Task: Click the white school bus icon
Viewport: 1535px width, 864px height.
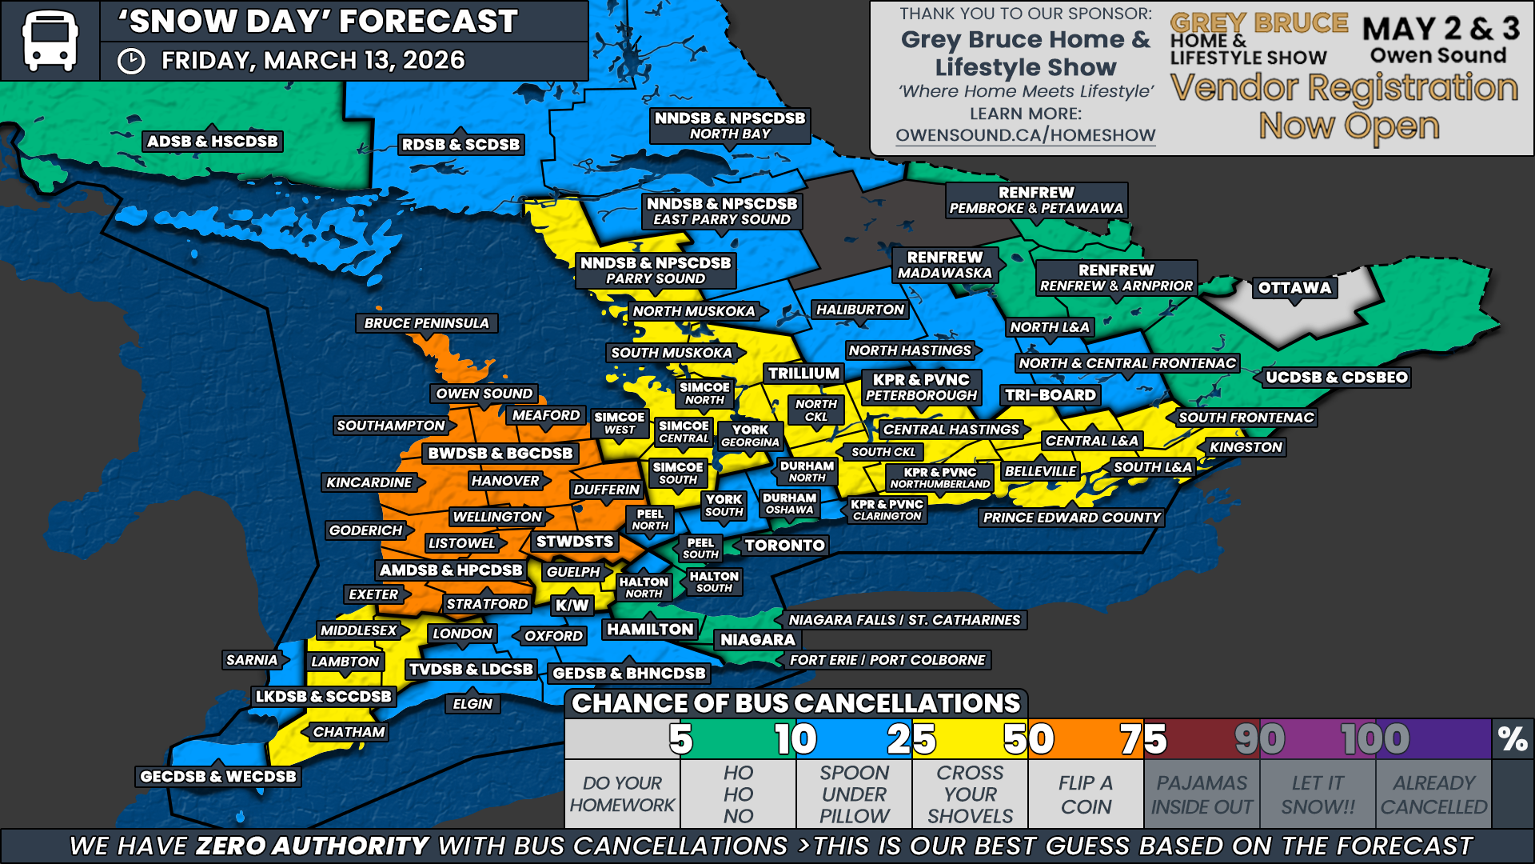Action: point(50,40)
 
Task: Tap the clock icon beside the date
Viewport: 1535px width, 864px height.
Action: point(131,62)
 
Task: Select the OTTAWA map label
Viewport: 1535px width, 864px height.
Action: point(1294,288)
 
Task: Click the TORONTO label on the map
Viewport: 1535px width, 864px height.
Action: point(784,546)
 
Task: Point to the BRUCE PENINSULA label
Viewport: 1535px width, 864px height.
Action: point(426,323)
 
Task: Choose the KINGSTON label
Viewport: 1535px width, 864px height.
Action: point(1246,447)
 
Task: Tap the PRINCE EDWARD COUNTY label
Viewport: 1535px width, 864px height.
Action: point(1071,518)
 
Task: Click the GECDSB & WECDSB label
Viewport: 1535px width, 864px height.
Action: point(217,776)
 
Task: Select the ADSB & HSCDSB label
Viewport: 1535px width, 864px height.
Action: point(212,142)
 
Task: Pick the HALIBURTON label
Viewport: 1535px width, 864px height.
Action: point(859,310)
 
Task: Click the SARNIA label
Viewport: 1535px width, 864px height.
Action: point(251,660)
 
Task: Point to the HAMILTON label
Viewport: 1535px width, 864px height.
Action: point(650,630)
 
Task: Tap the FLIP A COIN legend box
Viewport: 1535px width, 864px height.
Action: point(1086,794)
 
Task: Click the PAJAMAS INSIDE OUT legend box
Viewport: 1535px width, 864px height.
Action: point(1202,794)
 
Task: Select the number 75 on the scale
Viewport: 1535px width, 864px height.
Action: point(1143,739)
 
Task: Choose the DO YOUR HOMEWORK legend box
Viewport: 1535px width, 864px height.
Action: point(622,794)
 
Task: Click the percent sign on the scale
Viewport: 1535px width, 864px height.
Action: point(1513,739)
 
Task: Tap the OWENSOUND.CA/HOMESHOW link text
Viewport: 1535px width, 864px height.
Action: point(1025,135)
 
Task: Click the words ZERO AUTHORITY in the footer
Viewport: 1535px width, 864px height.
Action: point(313,846)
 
